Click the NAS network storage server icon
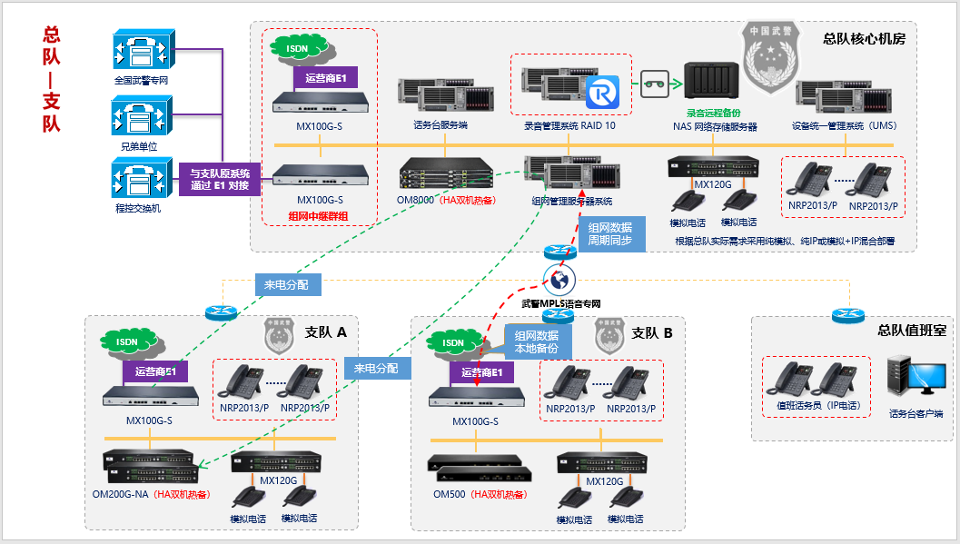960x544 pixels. coord(710,84)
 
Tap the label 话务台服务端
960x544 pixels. coord(440,126)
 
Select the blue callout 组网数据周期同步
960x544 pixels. coord(610,233)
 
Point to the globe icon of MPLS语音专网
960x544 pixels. coord(561,278)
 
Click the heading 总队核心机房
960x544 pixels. coord(863,39)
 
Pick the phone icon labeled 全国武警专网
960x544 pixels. coord(142,51)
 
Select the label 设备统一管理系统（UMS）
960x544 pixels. coord(844,126)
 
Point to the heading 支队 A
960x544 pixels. coord(326,332)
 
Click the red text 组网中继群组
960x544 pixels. coord(318,216)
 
